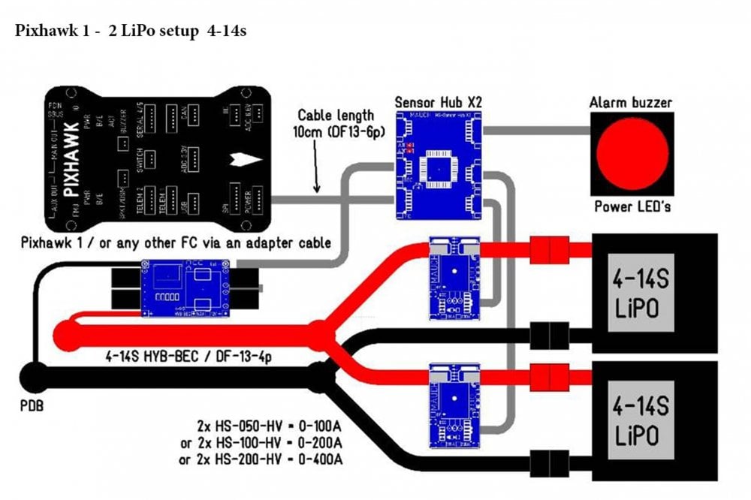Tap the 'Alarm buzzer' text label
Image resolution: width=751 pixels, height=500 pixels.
click(631, 103)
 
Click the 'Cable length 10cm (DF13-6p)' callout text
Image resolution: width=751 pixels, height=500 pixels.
click(336, 123)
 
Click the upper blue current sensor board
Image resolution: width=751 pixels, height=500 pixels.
click(453, 279)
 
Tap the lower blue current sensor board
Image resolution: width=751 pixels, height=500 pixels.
click(453, 405)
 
